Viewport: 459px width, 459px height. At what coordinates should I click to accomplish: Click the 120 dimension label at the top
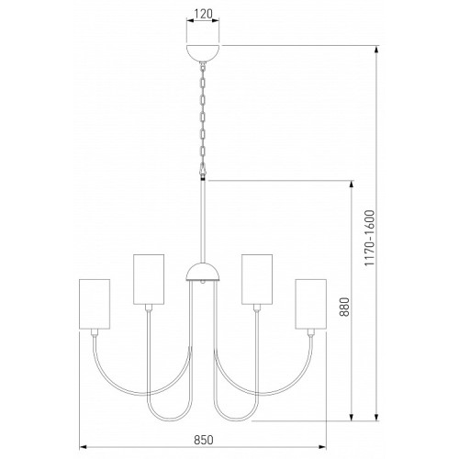coord(203,14)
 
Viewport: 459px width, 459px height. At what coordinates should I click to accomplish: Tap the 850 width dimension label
coord(204,440)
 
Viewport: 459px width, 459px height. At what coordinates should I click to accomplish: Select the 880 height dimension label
coord(344,307)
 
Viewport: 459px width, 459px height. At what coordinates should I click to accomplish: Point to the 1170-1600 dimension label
coord(369,238)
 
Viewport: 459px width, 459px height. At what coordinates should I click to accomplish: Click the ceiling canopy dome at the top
coord(203,53)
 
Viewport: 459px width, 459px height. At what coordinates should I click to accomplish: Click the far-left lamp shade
coord(95,304)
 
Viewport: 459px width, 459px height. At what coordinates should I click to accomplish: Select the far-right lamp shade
coord(311,304)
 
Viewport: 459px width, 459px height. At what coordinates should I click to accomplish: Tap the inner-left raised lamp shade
coord(149,279)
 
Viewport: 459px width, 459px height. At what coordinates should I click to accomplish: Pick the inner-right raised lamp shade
coord(257,279)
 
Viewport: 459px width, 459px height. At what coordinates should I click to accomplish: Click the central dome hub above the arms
coord(203,272)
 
